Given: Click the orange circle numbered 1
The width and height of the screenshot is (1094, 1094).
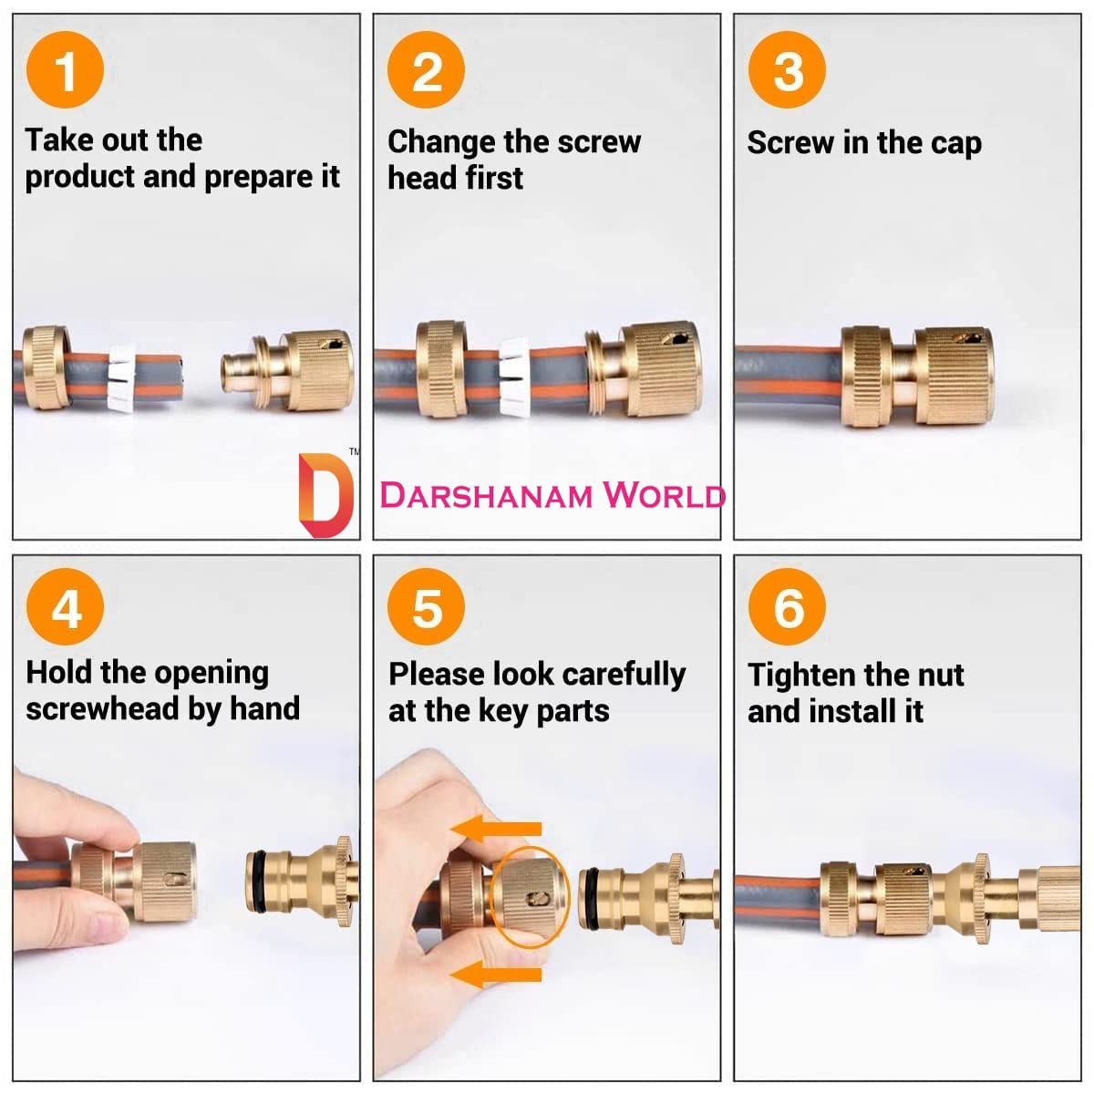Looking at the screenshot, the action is tap(65, 70).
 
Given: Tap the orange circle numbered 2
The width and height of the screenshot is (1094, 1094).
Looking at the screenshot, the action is tap(426, 70).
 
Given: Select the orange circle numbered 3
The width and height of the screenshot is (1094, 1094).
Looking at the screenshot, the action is tap(787, 70).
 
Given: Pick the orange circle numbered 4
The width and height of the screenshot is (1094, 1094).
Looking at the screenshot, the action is tap(65, 607).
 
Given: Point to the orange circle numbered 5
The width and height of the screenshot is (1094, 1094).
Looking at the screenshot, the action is tap(426, 607).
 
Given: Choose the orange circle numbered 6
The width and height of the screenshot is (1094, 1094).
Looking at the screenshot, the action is tap(787, 607).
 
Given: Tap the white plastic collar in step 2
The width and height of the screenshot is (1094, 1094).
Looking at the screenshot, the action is tap(514, 377).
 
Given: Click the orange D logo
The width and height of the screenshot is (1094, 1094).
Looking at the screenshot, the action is tap(325, 495).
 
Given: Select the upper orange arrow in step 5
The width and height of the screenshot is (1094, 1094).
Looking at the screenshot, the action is tap(496, 829).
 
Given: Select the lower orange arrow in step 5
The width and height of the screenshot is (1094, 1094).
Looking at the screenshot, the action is tap(496, 975).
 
